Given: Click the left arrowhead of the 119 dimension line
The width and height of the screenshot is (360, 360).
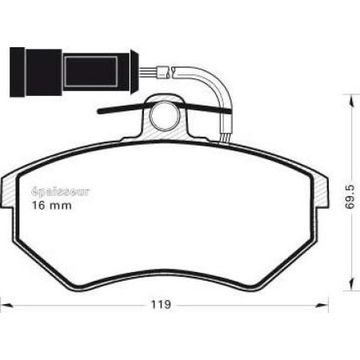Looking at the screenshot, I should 5,305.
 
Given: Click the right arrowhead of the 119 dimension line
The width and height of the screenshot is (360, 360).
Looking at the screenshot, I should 326,305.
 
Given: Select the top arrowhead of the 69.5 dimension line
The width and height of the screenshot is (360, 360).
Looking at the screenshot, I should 349,97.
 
